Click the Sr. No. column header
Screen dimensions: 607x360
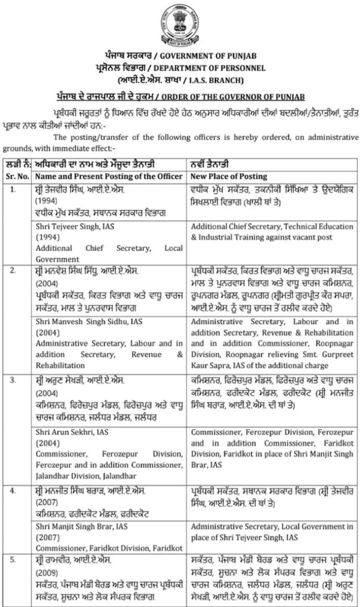click(15, 176)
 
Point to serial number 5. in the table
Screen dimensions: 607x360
click(14, 559)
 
